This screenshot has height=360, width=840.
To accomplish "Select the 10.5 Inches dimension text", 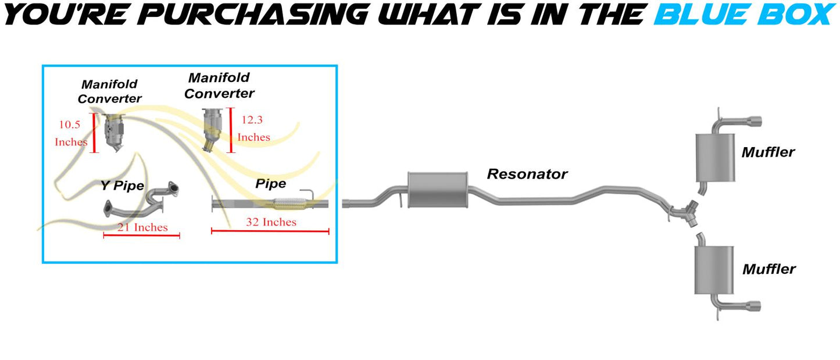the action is [x=71, y=133].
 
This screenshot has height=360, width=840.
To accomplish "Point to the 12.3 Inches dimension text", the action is [x=253, y=129].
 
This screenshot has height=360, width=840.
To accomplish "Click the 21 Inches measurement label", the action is [x=142, y=227].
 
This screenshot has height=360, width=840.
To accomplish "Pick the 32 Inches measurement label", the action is [x=271, y=222].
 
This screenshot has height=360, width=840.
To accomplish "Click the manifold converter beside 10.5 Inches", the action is [x=114, y=133].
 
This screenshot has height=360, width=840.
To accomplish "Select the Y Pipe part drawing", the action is [x=141, y=200].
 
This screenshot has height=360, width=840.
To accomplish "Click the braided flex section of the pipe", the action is [x=288, y=204].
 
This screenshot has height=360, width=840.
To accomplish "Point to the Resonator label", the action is [x=527, y=174].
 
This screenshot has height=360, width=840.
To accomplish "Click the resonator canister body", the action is [x=438, y=190].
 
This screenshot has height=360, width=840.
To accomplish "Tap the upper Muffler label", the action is [x=768, y=152].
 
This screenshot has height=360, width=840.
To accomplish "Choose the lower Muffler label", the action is [x=768, y=269].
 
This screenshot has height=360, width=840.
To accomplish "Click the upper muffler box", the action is [x=715, y=158].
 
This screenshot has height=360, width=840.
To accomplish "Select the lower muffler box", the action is [x=714, y=270].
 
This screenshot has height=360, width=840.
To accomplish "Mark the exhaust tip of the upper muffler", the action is [x=755, y=122].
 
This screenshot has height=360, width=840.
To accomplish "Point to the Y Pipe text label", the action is [x=122, y=186].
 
